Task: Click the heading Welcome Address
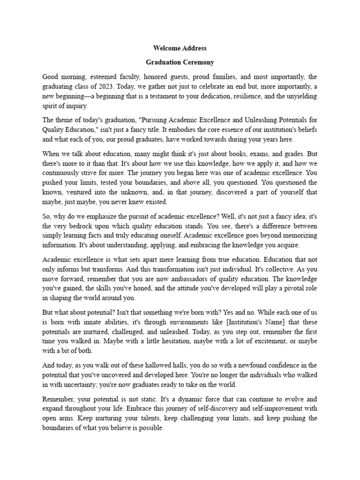(x=180, y=48)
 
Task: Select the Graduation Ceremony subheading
(x=180, y=62)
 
